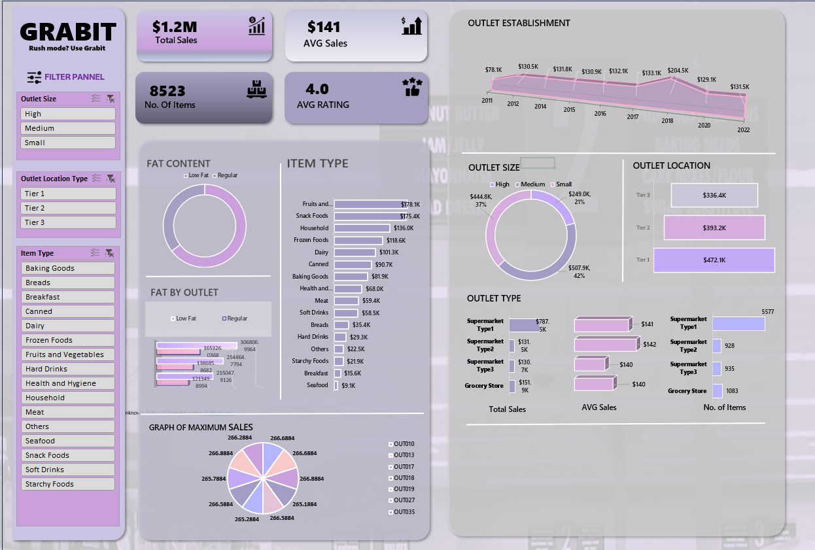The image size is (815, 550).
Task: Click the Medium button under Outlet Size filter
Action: [68, 128]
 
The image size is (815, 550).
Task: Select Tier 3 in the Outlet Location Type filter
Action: [68, 222]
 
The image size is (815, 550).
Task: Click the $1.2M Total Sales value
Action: [175, 27]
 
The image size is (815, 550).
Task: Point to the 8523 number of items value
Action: [167, 91]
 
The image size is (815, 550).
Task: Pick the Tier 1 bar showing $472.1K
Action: [714, 260]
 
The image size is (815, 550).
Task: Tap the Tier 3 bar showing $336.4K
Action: [714, 196]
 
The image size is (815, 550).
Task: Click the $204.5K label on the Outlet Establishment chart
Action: [678, 71]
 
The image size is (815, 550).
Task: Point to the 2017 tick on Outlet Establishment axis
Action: [633, 117]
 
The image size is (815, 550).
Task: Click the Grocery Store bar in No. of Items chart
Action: [717, 391]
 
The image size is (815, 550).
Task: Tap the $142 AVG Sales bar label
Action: [649, 344]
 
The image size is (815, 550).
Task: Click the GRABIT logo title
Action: [68, 31]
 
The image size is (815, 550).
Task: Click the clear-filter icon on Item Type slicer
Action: [110, 253]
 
